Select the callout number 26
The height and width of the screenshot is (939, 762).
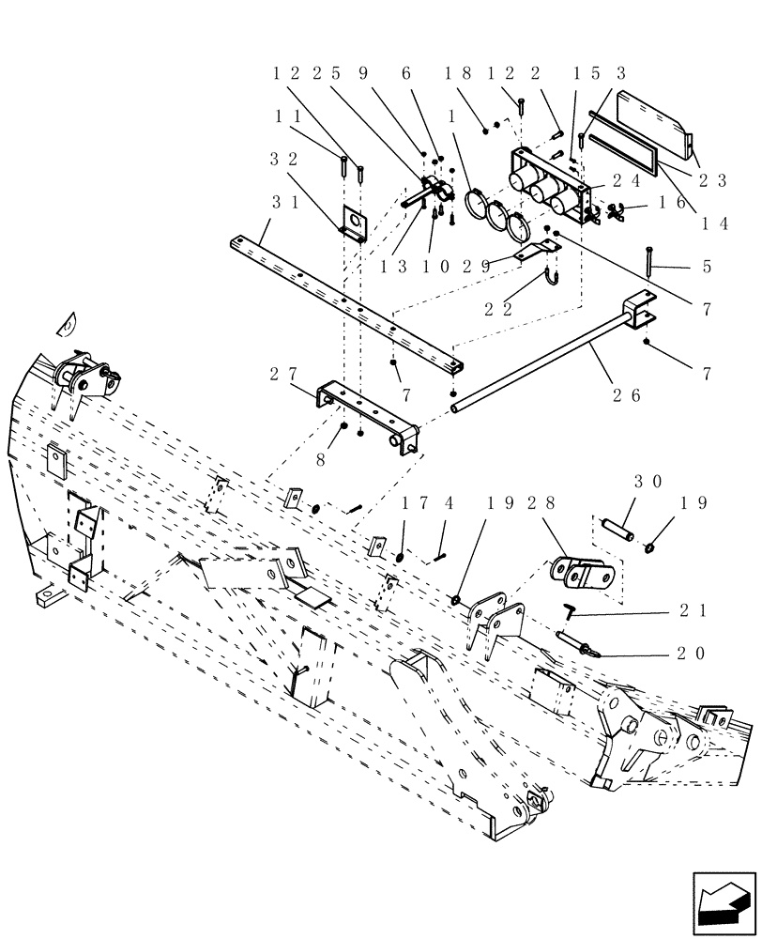coord(627,395)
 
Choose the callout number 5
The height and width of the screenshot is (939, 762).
coord(707,268)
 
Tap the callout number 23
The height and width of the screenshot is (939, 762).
coord(713,182)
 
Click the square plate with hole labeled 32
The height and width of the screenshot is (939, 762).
coord(353,221)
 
